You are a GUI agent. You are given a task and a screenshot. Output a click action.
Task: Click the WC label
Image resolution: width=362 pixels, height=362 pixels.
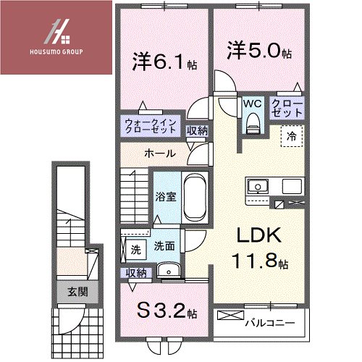pos(251,103)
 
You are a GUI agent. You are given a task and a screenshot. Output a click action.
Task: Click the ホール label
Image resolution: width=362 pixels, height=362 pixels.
pos(159,153)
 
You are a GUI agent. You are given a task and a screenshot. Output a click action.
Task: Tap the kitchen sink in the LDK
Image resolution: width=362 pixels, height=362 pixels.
pos(257,187)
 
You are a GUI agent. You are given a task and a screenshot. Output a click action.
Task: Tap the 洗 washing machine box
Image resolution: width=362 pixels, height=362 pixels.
pos(135,250)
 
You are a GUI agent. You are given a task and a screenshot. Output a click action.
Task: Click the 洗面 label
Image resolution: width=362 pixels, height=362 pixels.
pos(164,246)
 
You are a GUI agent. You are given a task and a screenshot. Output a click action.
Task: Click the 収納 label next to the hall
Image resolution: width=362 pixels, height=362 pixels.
pos(197,130)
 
